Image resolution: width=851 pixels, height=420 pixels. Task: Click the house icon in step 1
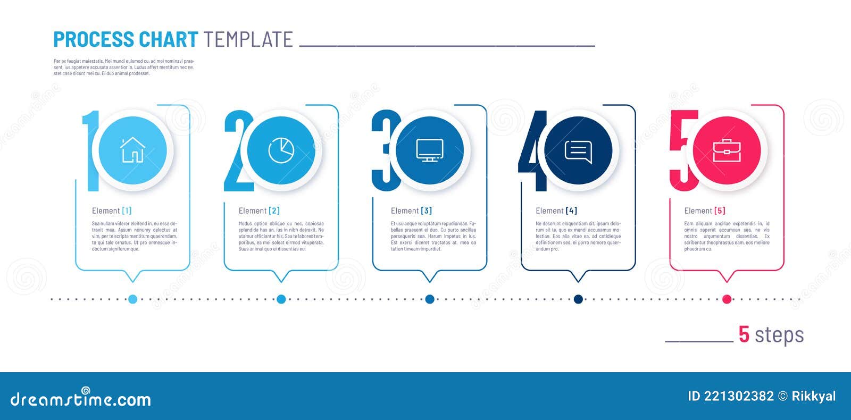pos(132,150)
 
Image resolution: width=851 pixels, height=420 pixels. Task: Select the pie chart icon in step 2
pos(281,150)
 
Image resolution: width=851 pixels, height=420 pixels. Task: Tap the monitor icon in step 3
pos(429,150)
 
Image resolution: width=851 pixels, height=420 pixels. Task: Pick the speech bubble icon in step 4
pos(578,151)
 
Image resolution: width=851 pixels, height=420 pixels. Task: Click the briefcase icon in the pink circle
pos(727,150)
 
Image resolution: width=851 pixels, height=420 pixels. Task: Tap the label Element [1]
pos(112,211)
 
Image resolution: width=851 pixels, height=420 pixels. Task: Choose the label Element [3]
pos(411,211)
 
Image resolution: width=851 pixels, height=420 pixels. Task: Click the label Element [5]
pos(705,211)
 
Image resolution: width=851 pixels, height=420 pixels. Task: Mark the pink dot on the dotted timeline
pos(727,299)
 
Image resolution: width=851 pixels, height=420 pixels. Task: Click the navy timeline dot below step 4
pos(578,299)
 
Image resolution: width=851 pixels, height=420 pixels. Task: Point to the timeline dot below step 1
pos(132,299)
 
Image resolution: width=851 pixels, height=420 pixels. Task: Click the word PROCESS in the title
pos(94,40)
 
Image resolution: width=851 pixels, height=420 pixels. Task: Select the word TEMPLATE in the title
pos(248,40)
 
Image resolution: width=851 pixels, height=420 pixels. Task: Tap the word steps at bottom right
pos(779,335)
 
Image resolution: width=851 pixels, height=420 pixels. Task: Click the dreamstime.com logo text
pos(81,399)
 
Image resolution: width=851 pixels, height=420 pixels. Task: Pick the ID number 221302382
pos(739,396)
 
